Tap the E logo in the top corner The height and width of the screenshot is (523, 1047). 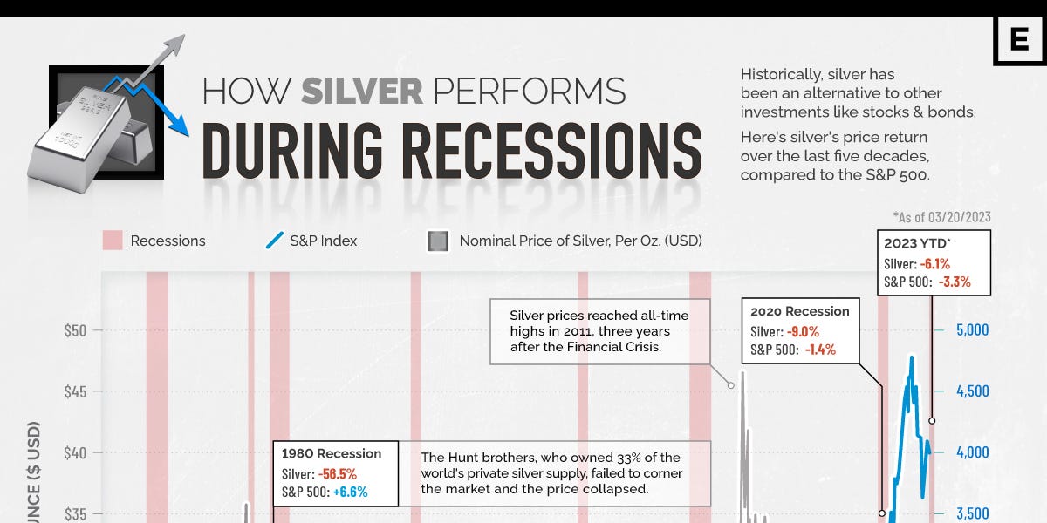point(1019,40)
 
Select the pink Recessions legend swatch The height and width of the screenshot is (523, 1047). point(112,241)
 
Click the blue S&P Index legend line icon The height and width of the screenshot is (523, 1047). point(273,241)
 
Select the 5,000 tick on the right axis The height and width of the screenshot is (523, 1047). point(973,330)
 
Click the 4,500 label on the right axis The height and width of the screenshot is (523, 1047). point(973,391)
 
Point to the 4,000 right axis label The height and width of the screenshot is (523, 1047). point(973,452)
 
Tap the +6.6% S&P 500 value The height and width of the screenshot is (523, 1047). point(349,492)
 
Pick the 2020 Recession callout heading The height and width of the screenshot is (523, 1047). point(799,311)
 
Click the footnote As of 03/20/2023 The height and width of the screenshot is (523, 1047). point(941,217)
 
